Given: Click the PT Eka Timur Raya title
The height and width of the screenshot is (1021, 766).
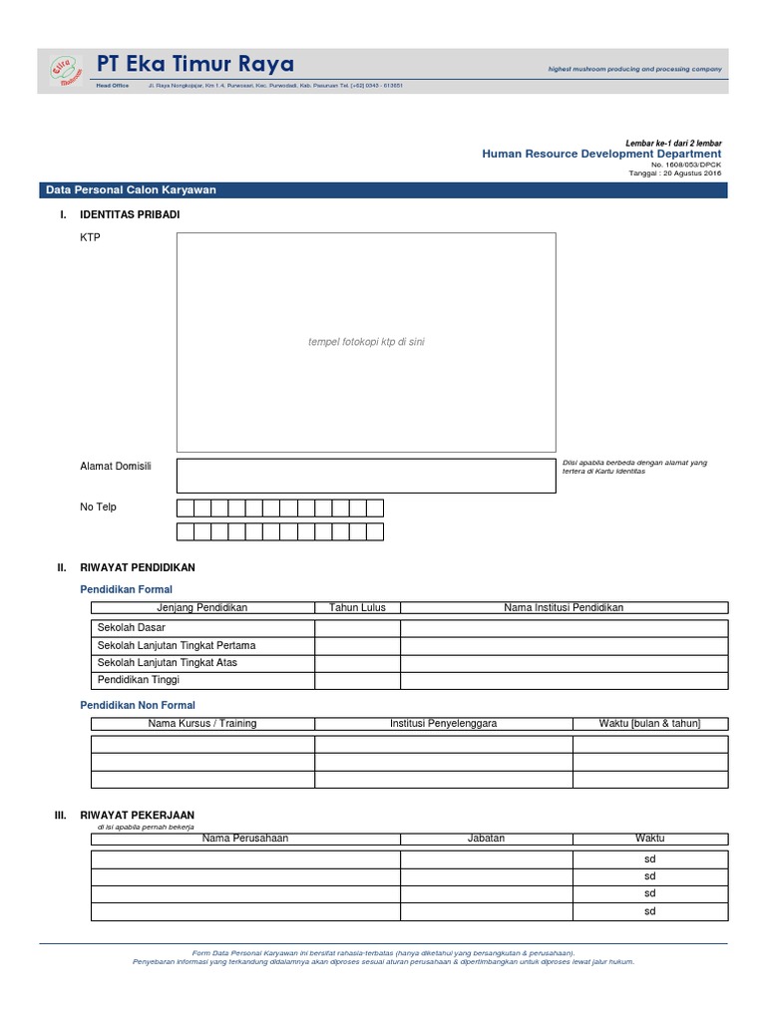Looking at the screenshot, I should click(x=195, y=65).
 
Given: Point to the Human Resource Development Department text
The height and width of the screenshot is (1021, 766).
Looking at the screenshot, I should click(x=601, y=155).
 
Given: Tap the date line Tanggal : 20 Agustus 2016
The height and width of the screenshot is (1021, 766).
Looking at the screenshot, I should click(x=674, y=173).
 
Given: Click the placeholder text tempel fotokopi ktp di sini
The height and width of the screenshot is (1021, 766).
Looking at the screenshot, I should click(x=366, y=342).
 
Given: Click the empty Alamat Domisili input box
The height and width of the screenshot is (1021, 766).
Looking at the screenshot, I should click(x=366, y=476).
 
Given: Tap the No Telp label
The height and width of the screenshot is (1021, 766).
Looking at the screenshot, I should click(x=98, y=507).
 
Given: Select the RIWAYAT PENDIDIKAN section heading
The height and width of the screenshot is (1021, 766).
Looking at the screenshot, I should click(x=137, y=567).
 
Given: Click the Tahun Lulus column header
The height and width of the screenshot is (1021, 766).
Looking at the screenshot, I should click(x=357, y=607).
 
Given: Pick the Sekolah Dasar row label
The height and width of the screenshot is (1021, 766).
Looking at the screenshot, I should click(x=131, y=628).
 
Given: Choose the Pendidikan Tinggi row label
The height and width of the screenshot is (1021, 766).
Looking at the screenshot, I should click(x=138, y=680).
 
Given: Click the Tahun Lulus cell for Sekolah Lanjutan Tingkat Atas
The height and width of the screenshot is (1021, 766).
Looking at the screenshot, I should click(x=357, y=662).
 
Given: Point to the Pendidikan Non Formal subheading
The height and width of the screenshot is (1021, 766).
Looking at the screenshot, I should click(x=137, y=705).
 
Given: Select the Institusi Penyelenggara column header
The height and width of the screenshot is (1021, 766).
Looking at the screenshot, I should click(x=443, y=723).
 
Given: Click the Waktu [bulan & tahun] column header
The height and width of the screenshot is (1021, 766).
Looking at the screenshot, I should click(x=649, y=723).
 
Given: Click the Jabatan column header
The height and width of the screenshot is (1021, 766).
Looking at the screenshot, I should click(x=486, y=839).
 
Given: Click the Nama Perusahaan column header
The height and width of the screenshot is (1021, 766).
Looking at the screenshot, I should click(x=244, y=839).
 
